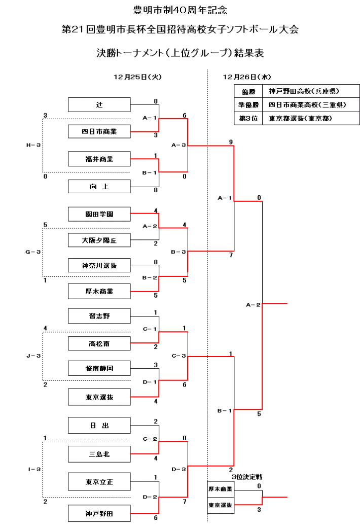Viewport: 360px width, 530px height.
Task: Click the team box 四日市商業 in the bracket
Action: point(99,132)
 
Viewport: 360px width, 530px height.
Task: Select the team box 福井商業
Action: point(99,159)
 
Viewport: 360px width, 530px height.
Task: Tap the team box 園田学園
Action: point(99,214)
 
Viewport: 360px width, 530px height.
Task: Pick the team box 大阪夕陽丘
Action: point(99,240)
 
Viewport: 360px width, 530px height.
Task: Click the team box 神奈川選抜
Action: point(99,265)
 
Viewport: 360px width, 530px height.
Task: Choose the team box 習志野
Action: point(99,316)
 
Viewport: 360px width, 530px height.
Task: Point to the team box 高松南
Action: point(99,344)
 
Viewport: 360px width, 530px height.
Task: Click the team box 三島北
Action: point(99,454)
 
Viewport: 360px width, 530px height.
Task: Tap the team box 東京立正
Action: point(99,481)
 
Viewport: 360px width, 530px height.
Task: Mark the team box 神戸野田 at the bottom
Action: point(99,514)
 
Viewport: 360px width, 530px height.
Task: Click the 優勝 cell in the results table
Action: point(248,91)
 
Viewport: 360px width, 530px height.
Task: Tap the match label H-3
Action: point(33,146)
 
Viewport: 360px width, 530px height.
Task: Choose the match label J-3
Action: point(33,356)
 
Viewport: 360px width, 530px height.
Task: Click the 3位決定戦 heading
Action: point(246,477)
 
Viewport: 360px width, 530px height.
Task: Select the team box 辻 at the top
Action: point(99,105)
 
